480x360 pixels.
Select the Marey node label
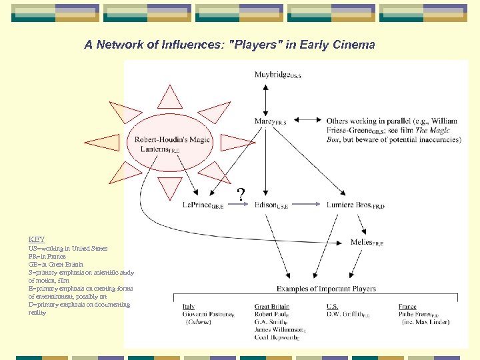point(270,121)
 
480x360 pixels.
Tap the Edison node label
point(271,205)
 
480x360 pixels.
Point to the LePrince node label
point(203,205)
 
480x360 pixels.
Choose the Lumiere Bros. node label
point(355,205)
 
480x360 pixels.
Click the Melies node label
point(366,243)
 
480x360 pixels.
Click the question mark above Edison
point(241,194)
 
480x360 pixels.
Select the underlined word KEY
point(37,239)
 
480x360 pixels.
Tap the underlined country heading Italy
point(189,307)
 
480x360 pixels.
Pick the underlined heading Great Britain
point(271,307)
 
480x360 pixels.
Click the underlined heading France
point(407,307)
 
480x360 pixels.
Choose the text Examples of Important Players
point(326,289)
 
